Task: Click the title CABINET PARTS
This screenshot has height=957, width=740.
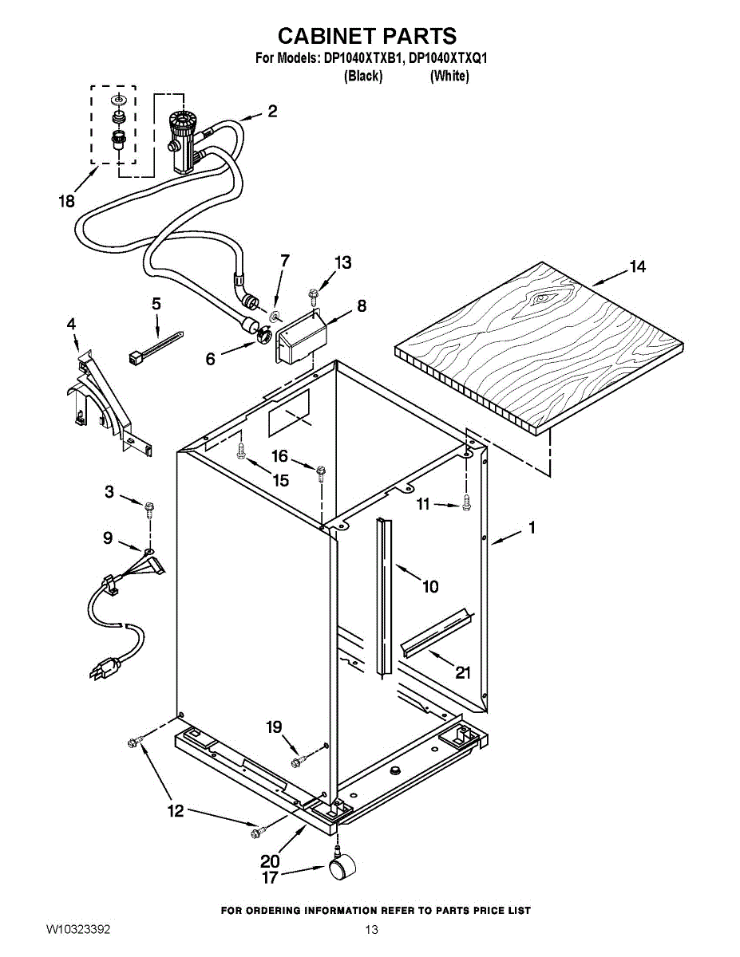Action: [x=366, y=36]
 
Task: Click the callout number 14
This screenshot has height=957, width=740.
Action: [x=637, y=267]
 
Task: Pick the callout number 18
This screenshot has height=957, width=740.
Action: [x=66, y=202]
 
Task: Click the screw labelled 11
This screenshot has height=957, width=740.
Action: [x=467, y=503]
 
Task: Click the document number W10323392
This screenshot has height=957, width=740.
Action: [x=78, y=930]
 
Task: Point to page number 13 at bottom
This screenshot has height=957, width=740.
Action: [x=370, y=930]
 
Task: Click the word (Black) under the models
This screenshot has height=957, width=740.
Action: [x=363, y=77]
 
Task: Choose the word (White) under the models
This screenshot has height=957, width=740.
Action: [x=449, y=77]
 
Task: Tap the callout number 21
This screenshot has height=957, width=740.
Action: [x=463, y=672]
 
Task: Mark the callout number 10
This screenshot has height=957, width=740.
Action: [x=430, y=588]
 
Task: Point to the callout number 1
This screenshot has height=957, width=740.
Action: [x=531, y=527]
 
